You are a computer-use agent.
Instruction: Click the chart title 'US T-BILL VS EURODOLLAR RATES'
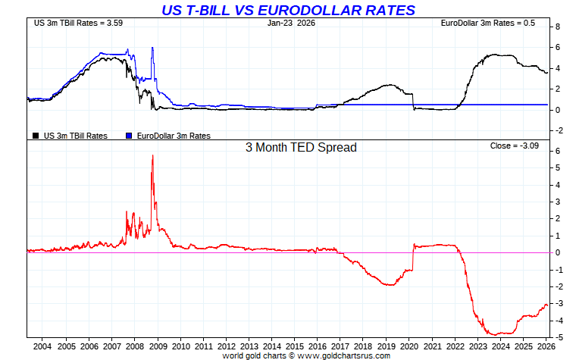(x=288, y=10)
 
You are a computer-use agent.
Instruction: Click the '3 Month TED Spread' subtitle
(x=300, y=147)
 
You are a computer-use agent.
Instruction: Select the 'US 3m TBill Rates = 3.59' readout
(x=78, y=23)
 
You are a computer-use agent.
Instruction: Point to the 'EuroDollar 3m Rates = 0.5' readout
(x=488, y=23)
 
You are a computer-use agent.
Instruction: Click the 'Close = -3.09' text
(x=515, y=145)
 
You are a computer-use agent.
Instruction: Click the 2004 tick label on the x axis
(x=42, y=346)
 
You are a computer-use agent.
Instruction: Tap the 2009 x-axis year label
(x=158, y=346)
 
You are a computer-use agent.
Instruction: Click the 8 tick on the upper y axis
(x=558, y=27)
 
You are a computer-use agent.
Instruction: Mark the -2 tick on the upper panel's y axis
(x=559, y=130)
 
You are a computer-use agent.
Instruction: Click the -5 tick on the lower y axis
(x=559, y=337)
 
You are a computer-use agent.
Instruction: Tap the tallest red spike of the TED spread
(x=153, y=155)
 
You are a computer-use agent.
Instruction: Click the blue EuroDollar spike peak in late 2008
(x=152, y=48)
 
